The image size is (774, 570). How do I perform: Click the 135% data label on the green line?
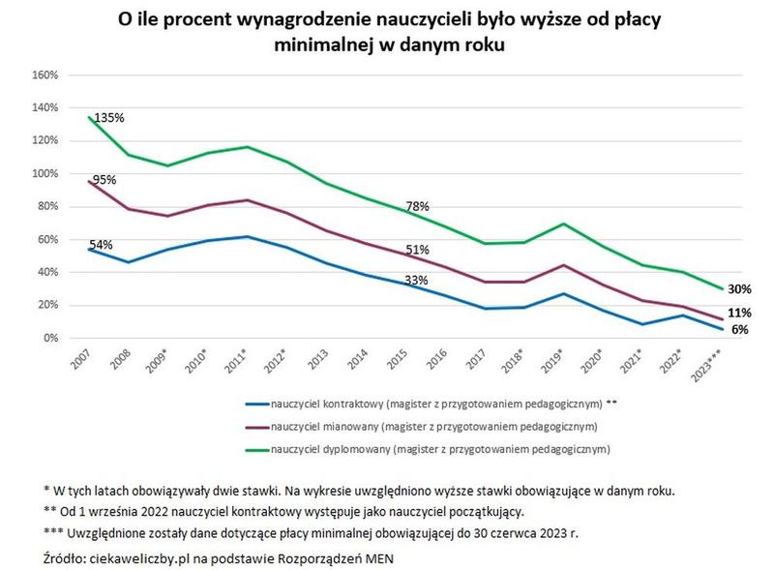pos(109,118)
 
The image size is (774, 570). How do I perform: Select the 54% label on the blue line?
pos(102,244)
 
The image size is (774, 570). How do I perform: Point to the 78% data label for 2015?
pos(417,206)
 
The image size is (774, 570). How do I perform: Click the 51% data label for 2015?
pos(417,250)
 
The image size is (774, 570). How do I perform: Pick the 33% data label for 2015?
pos(417,281)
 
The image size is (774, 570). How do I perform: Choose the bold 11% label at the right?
pos(739,313)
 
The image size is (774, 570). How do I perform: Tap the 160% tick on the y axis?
pos(45,75)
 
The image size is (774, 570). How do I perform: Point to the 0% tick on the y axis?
pos(51,338)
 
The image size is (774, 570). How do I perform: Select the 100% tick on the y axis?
pos(45,173)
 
